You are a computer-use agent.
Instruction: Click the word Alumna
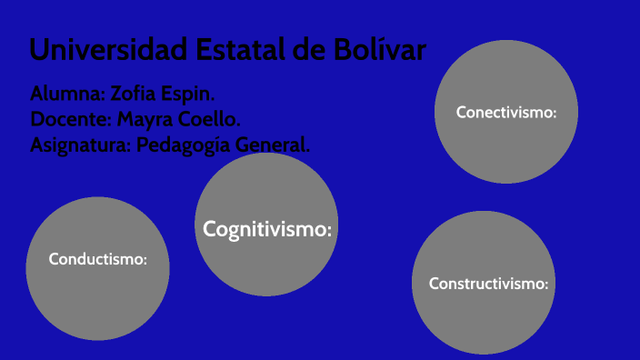[66, 95]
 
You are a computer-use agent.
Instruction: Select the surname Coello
[213, 119]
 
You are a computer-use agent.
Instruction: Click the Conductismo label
[97, 259]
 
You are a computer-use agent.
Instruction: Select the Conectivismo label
[505, 113]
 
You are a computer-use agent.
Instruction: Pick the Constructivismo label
[489, 284]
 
